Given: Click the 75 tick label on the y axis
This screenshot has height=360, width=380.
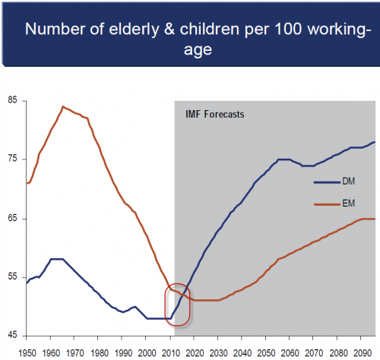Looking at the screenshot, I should point(13,159).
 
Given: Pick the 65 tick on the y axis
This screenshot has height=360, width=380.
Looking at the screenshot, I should point(13,219).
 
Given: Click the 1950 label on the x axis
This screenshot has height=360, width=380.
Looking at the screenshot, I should point(27,352).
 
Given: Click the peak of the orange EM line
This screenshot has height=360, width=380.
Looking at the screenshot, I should point(63,107).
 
